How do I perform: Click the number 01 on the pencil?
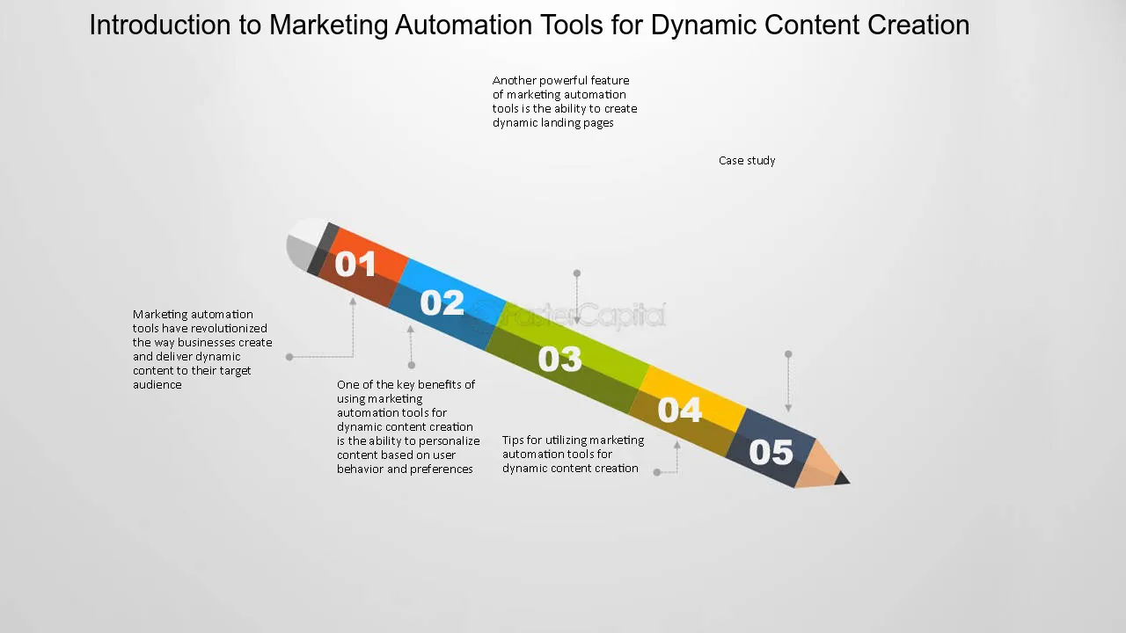click(355, 264)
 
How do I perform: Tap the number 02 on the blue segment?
click(442, 303)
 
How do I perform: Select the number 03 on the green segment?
click(559, 359)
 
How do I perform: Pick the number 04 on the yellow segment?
click(680, 410)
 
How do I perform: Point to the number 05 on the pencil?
click(771, 452)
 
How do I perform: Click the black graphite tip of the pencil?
click(843, 478)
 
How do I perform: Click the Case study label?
click(747, 161)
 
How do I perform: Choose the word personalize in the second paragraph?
click(450, 441)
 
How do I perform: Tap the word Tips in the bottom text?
click(513, 440)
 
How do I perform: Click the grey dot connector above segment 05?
click(788, 354)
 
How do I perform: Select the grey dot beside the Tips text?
click(657, 472)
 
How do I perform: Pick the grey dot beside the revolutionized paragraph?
click(289, 357)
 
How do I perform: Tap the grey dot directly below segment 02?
click(411, 365)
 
